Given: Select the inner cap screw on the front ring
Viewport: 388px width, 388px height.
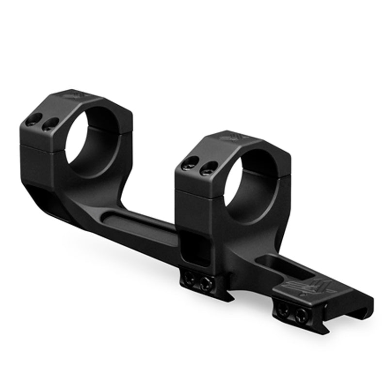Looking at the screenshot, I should pyautogui.click(x=208, y=168).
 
